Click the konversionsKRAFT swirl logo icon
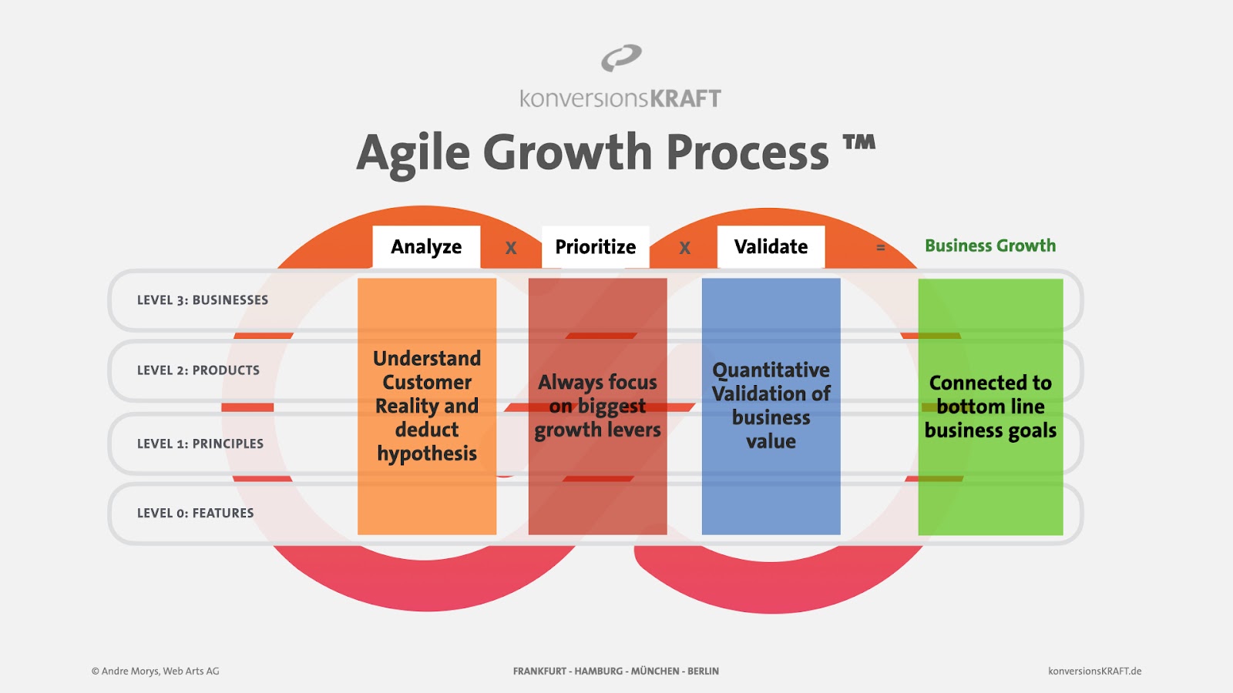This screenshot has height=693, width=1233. (621, 58)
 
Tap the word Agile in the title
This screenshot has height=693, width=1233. (413, 154)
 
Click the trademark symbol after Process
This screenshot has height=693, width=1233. (858, 142)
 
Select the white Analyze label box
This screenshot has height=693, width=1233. (426, 247)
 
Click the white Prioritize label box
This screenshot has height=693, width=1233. (595, 247)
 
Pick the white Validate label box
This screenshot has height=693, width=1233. (771, 247)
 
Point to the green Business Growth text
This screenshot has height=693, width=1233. (990, 246)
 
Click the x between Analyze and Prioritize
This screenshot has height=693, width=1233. (511, 248)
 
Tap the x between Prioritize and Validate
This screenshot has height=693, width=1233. (684, 248)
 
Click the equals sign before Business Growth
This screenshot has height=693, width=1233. (881, 248)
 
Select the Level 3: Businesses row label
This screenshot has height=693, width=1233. (203, 300)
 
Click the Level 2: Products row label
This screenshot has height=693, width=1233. (198, 370)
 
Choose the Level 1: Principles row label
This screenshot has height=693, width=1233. (200, 444)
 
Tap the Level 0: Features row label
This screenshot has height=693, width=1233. (196, 513)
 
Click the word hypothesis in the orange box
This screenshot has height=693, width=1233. (427, 454)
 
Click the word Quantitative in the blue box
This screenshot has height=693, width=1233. (771, 370)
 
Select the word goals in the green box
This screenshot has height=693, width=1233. (1029, 431)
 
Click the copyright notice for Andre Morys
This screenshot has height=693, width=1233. (155, 671)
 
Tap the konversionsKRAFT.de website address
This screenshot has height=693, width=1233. (1095, 671)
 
